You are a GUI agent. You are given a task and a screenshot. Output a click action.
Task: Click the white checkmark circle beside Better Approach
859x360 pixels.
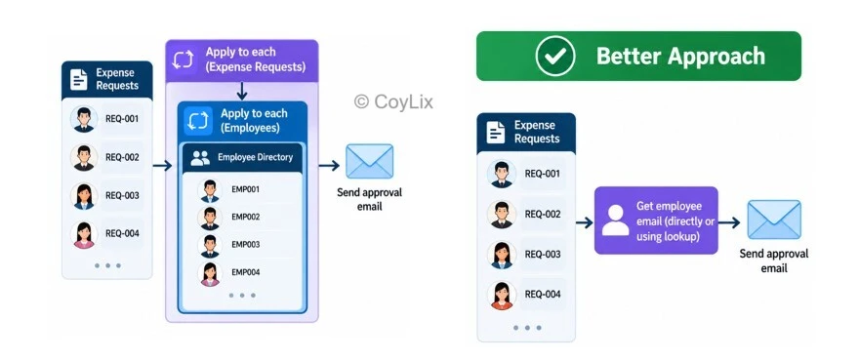(555, 56)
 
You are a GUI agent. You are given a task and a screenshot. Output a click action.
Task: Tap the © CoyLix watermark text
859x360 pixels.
(393, 101)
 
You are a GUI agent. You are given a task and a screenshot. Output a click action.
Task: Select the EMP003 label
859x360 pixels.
(245, 244)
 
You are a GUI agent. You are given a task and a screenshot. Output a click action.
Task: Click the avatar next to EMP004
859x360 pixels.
(210, 274)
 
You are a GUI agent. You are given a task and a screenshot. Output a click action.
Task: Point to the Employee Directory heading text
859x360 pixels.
(256, 157)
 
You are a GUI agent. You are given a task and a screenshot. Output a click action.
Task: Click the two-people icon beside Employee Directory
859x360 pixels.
(200, 158)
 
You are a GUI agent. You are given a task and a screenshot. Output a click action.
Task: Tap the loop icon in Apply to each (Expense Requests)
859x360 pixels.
(183, 60)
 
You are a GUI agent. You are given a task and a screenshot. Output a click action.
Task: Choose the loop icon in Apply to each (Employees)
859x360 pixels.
(198, 121)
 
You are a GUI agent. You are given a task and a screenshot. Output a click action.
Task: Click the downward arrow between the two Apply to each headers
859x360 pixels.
(242, 91)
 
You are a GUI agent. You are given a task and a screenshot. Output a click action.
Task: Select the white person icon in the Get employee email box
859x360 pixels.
(616, 220)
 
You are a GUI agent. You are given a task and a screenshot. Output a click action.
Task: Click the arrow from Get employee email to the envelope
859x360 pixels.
(729, 222)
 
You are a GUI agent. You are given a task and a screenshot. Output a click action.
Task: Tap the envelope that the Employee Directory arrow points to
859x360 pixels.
(369, 161)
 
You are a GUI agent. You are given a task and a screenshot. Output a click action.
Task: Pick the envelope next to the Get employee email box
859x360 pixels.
(774, 220)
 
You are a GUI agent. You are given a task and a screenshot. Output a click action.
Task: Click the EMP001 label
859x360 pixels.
(245, 189)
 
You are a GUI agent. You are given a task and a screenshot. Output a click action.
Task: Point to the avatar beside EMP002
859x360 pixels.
(210, 219)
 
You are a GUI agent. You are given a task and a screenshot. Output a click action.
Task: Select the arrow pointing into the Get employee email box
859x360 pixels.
(585, 222)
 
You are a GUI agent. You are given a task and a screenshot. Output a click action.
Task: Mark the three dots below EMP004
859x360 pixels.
(242, 296)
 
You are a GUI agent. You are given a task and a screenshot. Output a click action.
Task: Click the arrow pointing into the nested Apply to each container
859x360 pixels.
(163, 166)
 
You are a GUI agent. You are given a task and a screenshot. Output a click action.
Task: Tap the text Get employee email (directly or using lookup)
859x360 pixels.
(668, 221)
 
